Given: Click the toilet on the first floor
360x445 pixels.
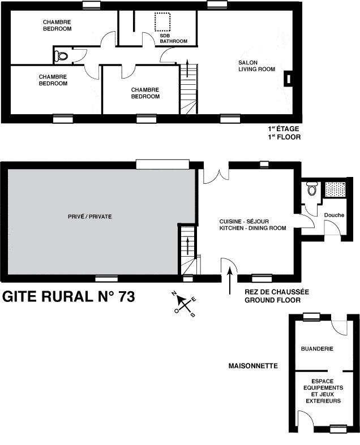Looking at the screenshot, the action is (x=61, y=55).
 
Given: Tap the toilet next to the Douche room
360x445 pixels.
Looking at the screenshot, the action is (x=312, y=188).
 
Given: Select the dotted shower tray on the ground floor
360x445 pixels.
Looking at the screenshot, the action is (x=335, y=189).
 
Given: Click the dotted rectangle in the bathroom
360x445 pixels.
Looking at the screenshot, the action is (x=162, y=22).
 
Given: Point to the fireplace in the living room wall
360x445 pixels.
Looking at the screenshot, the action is (x=289, y=79).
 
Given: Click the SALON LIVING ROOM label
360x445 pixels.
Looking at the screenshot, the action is (x=256, y=66).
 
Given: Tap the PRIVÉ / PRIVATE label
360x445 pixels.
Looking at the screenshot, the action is (x=90, y=217).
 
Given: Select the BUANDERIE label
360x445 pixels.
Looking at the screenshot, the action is (x=317, y=349).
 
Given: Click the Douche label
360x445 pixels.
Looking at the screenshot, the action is (x=334, y=215).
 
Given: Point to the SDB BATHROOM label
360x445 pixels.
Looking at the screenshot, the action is (x=173, y=38).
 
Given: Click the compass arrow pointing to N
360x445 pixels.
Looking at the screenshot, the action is (x=180, y=300).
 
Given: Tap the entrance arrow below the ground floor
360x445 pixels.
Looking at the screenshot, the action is (x=230, y=281).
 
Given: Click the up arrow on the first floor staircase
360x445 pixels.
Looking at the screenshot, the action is (x=187, y=68).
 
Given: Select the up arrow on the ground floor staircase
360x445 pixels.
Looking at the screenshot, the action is (x=187, y=246).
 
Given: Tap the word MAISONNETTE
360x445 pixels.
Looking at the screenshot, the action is (x=253, y=366).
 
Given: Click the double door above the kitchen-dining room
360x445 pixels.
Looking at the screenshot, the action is (x=216, y=175).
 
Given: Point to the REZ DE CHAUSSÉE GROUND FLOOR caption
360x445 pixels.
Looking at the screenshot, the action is (x=277, y=296).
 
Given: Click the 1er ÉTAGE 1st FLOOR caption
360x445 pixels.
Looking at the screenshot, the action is (x=284, y=133).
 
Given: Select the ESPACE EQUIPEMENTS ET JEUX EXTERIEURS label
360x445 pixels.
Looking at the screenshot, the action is (x=323, y=391).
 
